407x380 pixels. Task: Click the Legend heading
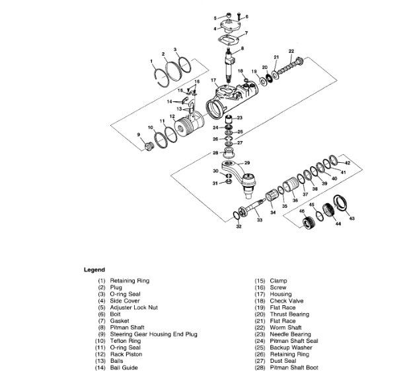[94, 270]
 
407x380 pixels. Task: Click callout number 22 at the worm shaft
[291, 51]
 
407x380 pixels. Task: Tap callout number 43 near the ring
[351, 218]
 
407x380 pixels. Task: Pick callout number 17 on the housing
[213, 80]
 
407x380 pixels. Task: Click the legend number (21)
[260, 321]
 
